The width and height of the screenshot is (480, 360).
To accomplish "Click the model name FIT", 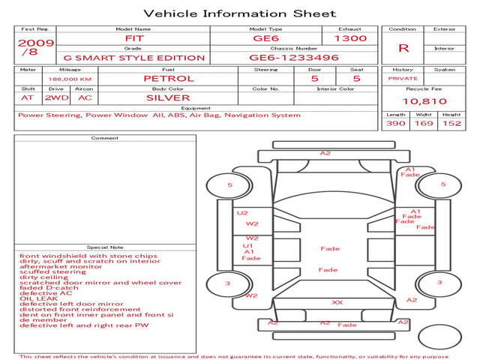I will click(133, 38).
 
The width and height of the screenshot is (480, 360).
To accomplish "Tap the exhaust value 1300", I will click(350, 38).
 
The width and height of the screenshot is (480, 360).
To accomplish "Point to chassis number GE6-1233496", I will click(294, 58).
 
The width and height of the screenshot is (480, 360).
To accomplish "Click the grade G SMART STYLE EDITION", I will click(133, 58).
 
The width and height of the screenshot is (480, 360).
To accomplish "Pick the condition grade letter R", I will click(403, 48).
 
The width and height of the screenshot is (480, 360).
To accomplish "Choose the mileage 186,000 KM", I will click(70, 78).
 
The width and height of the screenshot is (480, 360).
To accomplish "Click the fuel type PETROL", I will click(168, 78).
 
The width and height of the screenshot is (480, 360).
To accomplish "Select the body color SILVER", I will click(168, 97).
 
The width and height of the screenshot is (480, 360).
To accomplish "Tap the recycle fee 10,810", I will click(424, 101).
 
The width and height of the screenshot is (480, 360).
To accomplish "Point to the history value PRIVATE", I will click(403, 78).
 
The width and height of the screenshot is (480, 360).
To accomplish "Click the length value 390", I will click(395, 124).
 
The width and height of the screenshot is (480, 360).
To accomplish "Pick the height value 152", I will click(451, 124).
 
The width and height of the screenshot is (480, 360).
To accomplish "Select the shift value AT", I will click(27, 97).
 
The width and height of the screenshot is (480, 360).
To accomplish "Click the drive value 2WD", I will click(54, 97).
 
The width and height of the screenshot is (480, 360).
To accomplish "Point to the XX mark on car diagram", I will click(337, 302).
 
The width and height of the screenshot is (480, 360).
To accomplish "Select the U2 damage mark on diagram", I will click(242, 213).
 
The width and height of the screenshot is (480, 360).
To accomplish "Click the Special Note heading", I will click(104, 247).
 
